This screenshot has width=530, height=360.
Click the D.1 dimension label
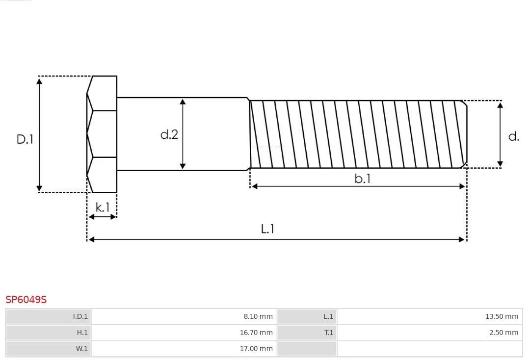pyautogui.click(x=25, y=139)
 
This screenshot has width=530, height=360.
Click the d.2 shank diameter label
pyautogui.click(x=169, y=134)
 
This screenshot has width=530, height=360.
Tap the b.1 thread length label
pyautogui.click(x=362, y=179)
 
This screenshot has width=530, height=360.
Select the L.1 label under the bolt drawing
pyautogui.click(x=267, y=229)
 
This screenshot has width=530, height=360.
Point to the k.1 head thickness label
pyautogui.click(x=103, y=207)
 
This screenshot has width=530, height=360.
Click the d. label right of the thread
pyautogui.click(x=513, y=137)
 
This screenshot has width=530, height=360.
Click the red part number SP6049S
pyautogui.click(x=26, y=300)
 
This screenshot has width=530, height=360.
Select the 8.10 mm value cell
pyautogui.click(x=258, y=316)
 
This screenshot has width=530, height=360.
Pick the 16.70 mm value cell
pyautogui.click(x=256, y=333)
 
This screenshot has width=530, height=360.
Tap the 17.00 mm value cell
pyautogui.click(x=256, y=349)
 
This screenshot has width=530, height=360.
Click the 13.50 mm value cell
pyautogui.click(x=502, y=316)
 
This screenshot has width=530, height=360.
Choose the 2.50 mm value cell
pyautogui.click(x=503, y=333)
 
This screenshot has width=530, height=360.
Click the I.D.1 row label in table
pyautogui.click(x=80, y=316)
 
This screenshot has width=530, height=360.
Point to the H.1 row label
pyautogui.click(x=82, y=333)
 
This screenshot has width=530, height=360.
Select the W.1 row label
pyautogui.click(x=81, y=349)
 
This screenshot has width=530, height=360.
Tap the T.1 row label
pyautogui.click(x=328, y=333)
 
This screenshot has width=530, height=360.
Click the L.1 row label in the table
pyautogui.click(x=328, y=316)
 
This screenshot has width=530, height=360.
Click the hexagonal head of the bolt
pyautogui.click(x=103, y=134)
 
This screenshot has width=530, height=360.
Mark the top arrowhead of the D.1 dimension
pyautogui.click(x=39, y=81)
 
